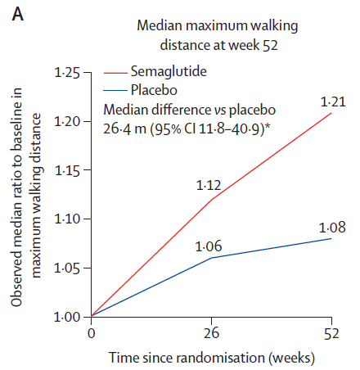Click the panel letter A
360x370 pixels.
coord(18,14)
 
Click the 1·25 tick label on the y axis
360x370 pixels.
coord(67,73)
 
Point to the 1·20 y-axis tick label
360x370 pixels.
coord(67,121)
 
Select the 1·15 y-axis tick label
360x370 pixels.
coord(67,170)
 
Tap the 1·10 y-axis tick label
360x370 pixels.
coord(67,219)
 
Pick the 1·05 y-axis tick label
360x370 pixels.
coord(67,268)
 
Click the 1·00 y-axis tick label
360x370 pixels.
coord(67,317)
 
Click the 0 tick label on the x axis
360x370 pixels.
coord(92,333)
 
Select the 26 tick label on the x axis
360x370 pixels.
coord(211,333)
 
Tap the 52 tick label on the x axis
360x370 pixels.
coord(331,333)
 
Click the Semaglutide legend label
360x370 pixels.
coord(169,72)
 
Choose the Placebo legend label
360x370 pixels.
coord(154,90)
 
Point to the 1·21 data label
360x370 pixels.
coord(333,102)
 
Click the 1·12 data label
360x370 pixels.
coord(209,186)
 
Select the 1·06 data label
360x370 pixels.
coord(209,246)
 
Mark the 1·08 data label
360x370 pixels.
coord(332,228)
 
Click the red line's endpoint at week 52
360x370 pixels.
coord(331,113)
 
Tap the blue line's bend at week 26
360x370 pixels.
coord(212,258)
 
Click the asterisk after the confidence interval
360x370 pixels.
coord(268,126)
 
